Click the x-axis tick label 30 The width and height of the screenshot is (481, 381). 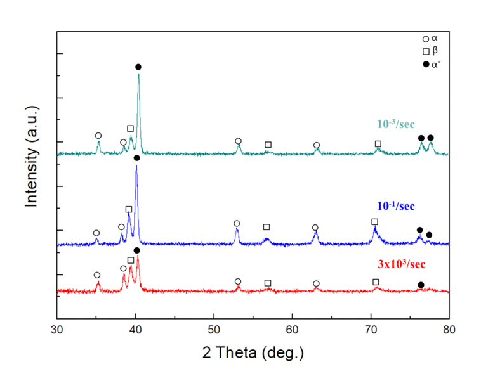(57, 330)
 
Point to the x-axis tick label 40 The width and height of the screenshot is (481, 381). (135, 330)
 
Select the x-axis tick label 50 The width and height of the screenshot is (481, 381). (214, 330)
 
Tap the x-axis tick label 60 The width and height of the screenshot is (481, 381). (292, 330)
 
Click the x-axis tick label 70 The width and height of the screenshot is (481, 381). (371, 330)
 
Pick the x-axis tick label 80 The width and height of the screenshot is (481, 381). (449, 330)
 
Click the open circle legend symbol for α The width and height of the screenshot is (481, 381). (425, 39)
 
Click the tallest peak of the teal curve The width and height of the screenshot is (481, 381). (139, 74)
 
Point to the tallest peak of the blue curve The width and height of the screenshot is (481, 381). (136, 165)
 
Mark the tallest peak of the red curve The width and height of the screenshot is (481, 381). (137, 257)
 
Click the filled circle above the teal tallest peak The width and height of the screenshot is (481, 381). (138, 67)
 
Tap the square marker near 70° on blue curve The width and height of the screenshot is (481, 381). (374, 222)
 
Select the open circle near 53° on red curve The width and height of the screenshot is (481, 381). (238, 281)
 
